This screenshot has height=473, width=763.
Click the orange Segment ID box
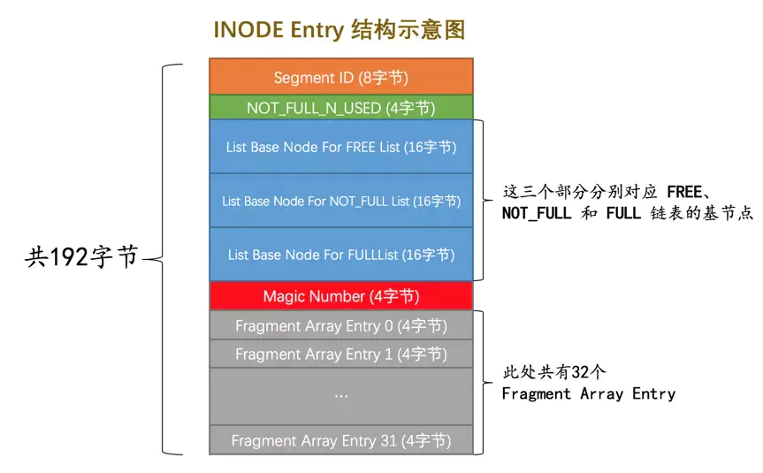tap(340, 77)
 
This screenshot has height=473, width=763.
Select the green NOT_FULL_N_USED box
tap(340, 108)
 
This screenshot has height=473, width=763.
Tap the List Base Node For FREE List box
tap(340, 147)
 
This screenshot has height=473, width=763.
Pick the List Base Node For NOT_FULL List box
tap(340, 201)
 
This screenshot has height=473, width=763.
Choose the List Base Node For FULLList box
tap(340, 255)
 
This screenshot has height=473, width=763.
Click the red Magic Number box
tap(340, 296)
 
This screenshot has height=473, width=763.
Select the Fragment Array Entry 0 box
tap(340, 326)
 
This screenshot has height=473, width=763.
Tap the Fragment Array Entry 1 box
tap(340, 354)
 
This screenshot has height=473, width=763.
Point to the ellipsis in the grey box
tap(341, 395)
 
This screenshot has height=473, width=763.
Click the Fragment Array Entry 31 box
tap(340, 439)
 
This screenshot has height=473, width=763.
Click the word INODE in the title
tap(243, 29)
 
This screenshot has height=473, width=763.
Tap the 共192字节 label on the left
tap(81, 257)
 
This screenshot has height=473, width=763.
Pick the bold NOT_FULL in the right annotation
tap(537, 213)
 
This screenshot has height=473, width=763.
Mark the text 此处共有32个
tap(553, 371)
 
